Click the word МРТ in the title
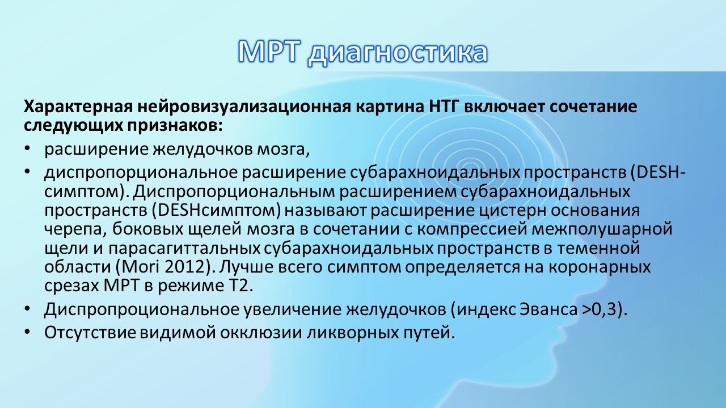268,52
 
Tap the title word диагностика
398,53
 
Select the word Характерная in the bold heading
78,107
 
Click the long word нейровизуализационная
244,107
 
